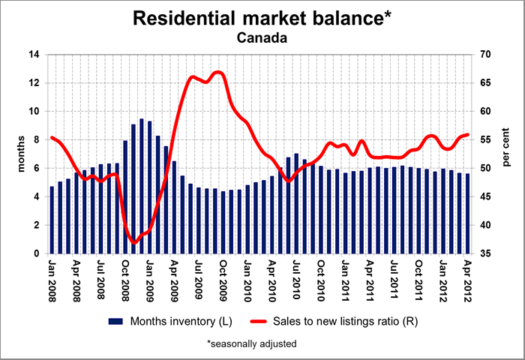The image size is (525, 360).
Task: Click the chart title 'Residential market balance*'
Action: click(262, 19)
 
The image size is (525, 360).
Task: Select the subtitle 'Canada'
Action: click(262, 37)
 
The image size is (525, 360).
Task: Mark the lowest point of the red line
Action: click(134, 242)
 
